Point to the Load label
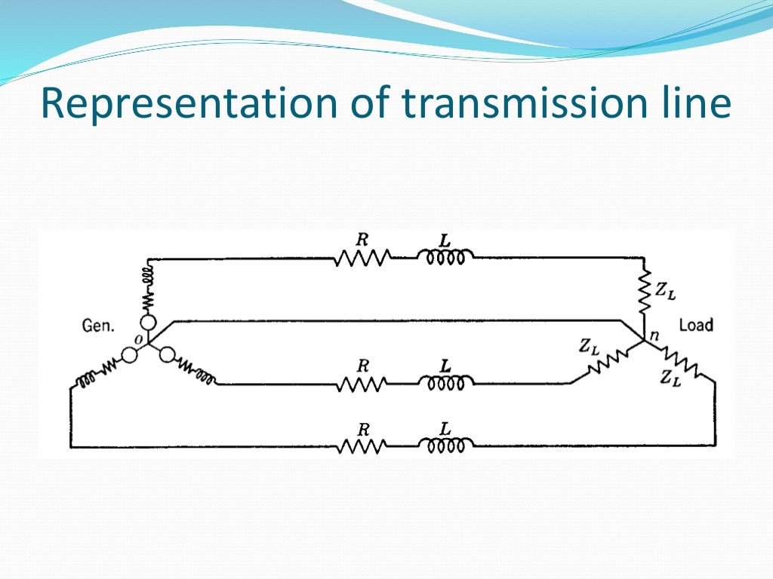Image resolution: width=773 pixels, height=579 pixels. pos(696,326)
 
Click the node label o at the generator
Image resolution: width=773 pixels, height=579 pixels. pos(138,340)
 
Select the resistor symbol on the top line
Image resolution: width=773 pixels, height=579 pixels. pos(362,259)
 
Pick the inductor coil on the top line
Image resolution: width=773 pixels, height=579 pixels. pos(445,259)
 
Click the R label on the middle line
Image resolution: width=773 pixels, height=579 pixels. pos(363,366)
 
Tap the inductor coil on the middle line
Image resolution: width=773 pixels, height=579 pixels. pos(445,384)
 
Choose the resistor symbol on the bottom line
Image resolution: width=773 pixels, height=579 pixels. pos(362,447)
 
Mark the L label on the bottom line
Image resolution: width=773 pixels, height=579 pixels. pos(445,428)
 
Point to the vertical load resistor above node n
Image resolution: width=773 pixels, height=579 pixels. pos(644,295)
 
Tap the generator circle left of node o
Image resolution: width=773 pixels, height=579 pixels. pos(130,356)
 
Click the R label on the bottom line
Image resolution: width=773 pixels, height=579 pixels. pos(363,430)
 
